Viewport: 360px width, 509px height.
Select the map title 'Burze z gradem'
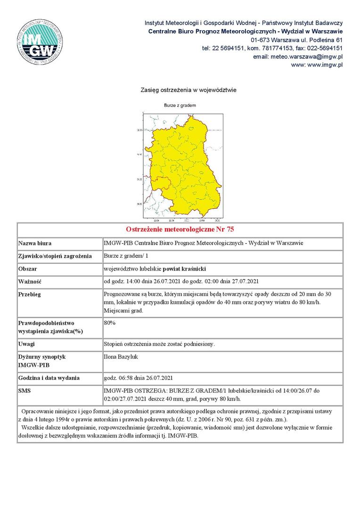point(180,105)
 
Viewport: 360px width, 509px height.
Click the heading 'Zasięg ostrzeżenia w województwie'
point(188,90)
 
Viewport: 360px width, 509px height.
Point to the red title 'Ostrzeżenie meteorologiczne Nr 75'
point(180,230)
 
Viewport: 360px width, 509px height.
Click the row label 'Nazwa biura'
point(35,244)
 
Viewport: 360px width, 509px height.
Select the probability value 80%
point(110,323)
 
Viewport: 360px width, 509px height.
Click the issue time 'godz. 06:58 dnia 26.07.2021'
point(139,378)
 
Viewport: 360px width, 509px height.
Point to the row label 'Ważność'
point(30,282)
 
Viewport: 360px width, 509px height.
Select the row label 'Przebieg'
point(29,295)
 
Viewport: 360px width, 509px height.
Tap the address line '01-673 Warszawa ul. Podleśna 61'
point(296,40)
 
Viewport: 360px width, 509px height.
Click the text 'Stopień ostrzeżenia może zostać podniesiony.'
point(159,344)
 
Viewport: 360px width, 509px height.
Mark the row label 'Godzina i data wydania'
point(49,378)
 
